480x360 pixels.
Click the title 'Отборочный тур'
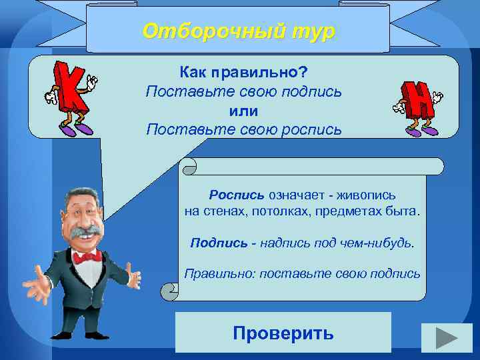click(x=239, y=31)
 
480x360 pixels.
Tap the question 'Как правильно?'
click(x=243, y=70)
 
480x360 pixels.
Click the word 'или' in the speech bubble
click(x=243, y=110)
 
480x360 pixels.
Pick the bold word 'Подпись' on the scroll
click(x=211, y=243)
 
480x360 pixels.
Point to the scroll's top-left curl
click(x=189, y=165)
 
